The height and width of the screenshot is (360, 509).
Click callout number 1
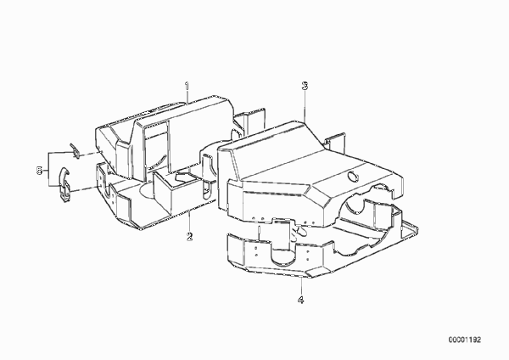[x=187, y=77]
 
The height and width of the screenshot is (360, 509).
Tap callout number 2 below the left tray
[x=190, y=237]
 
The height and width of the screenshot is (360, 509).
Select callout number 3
[x=305, y=86]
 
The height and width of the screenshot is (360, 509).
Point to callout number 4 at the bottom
[x=300, y=300]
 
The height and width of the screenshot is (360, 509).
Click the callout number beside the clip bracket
[x=39, y=171]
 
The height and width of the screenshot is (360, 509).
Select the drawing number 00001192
[x=465, y=340]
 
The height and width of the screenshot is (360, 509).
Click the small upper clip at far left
[x=75, y=151]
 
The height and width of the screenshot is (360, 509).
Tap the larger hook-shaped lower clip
[x=64, y=185]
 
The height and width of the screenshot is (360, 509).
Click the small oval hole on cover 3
[x=353, y=177]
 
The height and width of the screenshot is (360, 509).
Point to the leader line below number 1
[x=187, y=93]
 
